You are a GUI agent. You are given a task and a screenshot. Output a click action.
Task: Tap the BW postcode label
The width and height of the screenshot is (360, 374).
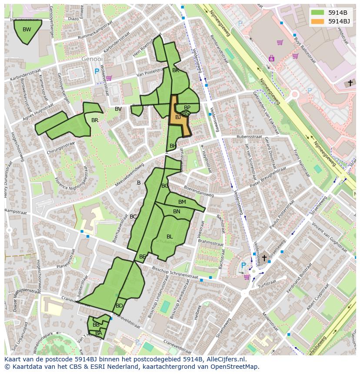27,30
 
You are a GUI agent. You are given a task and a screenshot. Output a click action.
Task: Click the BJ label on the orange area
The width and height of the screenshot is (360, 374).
178,117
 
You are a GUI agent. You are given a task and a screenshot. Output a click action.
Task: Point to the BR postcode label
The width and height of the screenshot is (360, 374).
95,120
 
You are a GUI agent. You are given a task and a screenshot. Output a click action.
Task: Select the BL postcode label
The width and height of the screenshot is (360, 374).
170,237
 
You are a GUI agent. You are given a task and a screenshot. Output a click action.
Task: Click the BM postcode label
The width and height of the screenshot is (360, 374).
182,202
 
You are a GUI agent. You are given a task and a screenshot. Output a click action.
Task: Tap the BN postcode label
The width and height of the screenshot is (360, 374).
177,212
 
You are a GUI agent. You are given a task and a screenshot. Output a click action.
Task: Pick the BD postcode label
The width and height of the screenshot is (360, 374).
119,306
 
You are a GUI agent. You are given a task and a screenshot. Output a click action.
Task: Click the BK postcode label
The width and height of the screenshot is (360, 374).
176,70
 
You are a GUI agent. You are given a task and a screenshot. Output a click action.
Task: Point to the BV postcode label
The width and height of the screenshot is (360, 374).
118,109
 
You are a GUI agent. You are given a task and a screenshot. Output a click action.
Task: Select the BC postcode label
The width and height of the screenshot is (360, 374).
133,217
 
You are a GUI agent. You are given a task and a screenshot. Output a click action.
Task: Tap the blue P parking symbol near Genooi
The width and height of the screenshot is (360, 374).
97,71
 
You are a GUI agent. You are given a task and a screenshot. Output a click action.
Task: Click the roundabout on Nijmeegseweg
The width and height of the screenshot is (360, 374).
295,94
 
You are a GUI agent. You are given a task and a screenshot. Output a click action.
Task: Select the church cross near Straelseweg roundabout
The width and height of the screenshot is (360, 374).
264,258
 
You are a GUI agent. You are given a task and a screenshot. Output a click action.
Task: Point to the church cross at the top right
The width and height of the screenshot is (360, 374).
350,83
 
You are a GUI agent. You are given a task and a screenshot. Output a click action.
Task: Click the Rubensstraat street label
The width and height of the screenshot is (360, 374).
249,136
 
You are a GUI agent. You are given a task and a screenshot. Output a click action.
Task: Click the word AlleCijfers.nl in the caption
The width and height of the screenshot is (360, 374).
224,359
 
